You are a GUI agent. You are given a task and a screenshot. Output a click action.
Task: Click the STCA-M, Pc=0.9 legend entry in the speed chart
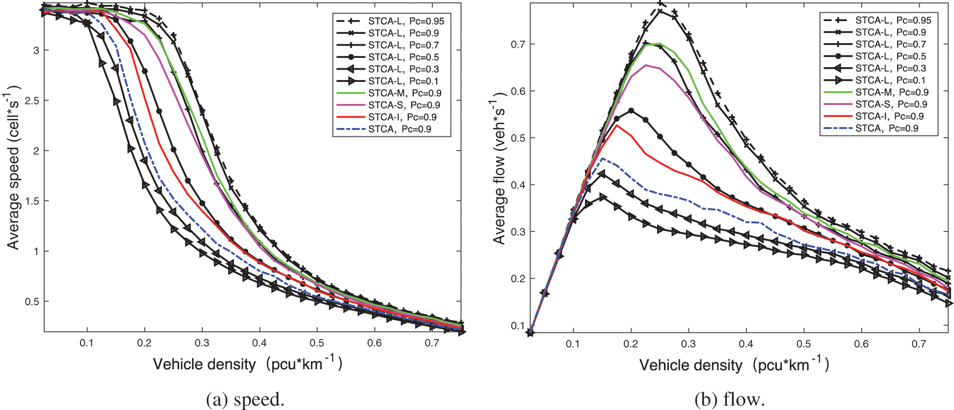(405, 93)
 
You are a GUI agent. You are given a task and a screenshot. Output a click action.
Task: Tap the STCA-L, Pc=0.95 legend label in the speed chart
(406, 21)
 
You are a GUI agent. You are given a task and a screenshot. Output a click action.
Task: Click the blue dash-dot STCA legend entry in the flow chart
(887, 128)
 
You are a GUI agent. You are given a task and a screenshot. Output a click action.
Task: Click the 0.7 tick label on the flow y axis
(518, 44)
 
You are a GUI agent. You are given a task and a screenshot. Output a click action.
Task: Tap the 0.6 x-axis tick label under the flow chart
(861, 344)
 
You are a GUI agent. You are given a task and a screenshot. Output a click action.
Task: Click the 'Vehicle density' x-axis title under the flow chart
(734, 365)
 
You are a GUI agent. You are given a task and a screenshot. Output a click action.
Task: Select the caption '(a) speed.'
(245, 400)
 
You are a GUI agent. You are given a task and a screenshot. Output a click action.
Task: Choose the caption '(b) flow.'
(730, 400)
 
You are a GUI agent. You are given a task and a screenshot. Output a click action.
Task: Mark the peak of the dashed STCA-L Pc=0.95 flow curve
(660, 3)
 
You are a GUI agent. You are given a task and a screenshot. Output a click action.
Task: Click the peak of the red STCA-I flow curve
(617, 126)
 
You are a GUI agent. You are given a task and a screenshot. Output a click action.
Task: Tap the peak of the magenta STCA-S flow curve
(646, 65)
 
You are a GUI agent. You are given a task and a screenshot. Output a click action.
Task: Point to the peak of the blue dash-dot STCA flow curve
(603, 158)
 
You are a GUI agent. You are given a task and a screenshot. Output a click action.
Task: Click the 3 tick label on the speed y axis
(36, 51)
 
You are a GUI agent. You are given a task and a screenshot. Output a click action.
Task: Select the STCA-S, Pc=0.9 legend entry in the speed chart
(404, 105)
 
